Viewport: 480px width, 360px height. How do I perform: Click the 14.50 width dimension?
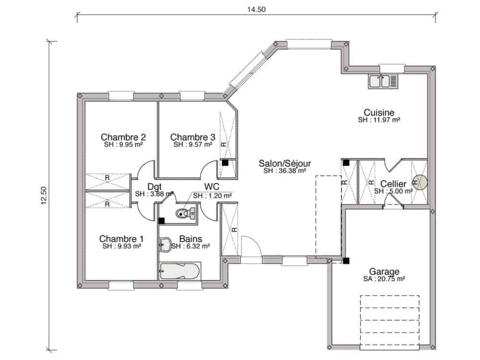pos(256,10)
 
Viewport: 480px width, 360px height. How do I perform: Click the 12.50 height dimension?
pos(44,195)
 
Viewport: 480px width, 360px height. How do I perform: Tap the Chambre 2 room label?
pos(123,137)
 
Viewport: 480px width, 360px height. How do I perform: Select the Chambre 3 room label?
pos(192,137)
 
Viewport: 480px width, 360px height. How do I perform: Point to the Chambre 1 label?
pos(121,239)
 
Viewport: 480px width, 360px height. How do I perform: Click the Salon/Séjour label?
pos(285,163)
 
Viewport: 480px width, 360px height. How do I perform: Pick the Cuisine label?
pos(379,112)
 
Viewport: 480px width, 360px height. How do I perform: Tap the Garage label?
pos(384,271)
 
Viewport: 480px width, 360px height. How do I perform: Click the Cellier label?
pos(394,184)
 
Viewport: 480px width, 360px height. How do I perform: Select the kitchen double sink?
pos(383,82)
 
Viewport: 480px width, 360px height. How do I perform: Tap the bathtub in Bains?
pos(180,271)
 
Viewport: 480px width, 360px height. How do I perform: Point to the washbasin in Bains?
pos(165,245)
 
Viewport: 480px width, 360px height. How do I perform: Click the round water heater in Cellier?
pos(420,182)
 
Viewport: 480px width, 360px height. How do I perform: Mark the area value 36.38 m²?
pos(285,171)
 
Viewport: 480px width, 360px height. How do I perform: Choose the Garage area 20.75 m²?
pos(384,279)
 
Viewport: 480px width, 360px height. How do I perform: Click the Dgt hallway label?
pos(154,187)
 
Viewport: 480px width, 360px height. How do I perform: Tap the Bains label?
pos(191,239)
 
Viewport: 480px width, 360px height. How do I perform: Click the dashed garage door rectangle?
pos(390,323)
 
